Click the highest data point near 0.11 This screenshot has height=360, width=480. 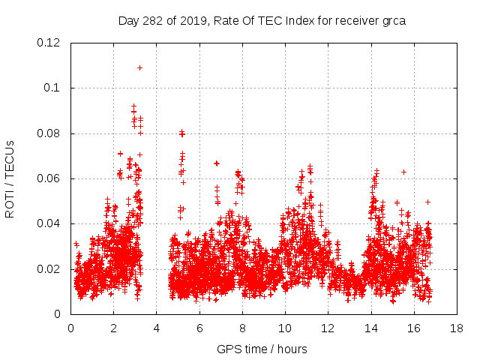point(139,67)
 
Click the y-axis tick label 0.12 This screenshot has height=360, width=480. point(49,43)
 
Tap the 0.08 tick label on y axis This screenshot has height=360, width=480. point(49,133)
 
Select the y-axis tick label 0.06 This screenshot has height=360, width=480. point(49,178)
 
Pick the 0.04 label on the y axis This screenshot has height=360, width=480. point(49,223)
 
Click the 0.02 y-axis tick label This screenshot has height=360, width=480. point(49,269)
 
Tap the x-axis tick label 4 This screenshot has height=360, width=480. point(157,328)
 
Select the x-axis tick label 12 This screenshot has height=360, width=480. point(328,328)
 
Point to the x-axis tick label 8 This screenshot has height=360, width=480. point(242,328)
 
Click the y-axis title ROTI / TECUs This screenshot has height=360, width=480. point(10,178)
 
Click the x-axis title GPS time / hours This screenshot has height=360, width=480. point(262,349)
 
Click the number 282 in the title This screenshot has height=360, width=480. point(155,20)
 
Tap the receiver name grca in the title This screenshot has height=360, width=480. point(391,20)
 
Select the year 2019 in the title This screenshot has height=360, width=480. point(193,20)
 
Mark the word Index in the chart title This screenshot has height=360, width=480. point(285,20)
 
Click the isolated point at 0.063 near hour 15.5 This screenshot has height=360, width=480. point(403,172)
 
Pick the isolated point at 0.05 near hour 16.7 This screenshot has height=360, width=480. point(427,201)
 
